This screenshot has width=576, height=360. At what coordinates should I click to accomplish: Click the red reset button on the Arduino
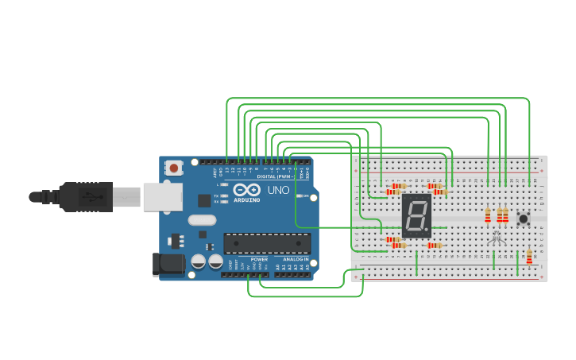tap(173, 168)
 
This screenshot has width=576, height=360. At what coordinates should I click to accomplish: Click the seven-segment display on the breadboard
tap(416, 215)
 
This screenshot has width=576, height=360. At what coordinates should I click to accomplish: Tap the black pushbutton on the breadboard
tap(524, 219)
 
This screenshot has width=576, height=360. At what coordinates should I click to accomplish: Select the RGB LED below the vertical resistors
tap(497, 236)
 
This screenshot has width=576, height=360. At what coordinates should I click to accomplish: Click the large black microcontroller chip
tap(267, 243)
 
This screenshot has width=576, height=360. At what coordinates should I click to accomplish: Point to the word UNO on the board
tap(278, 191)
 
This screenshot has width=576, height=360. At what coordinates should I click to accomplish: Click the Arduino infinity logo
tap(246, 191)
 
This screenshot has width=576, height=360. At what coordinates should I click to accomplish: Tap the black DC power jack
tap(168, 265)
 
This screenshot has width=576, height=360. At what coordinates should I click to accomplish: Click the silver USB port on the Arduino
tap(162, 197)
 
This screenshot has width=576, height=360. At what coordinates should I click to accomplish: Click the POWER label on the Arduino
tap(259, 259)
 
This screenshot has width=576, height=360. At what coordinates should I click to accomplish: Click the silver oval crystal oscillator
tap(202, 220)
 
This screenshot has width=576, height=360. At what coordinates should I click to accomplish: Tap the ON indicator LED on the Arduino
tap(300, 195)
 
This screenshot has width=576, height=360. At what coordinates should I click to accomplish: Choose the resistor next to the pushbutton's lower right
tap(529, 257)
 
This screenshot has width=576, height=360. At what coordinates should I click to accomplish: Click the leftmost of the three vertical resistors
tap(488, 215)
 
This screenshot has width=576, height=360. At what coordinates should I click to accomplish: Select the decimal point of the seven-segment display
tap(428, 234)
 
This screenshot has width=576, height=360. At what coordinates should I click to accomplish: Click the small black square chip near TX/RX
tap(204, 200)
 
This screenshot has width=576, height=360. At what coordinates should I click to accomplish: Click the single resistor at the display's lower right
tap(435, 246)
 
